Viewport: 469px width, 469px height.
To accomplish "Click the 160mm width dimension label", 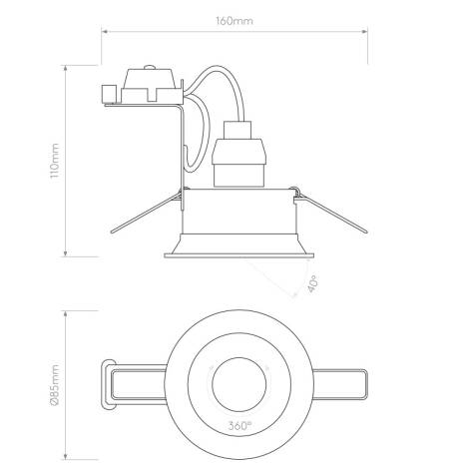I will pyautogui.click(x=234, y=20).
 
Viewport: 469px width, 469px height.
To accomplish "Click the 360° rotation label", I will pyautogui.click(x=236, y=423).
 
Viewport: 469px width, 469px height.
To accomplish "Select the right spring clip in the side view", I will pyautogui.click(x=329, y=211).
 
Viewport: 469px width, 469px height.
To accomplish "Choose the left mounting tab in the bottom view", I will pyautogui.click(x=135, y=383).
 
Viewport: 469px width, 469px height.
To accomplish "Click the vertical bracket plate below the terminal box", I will pyautogui.click(x=183, y=150).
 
